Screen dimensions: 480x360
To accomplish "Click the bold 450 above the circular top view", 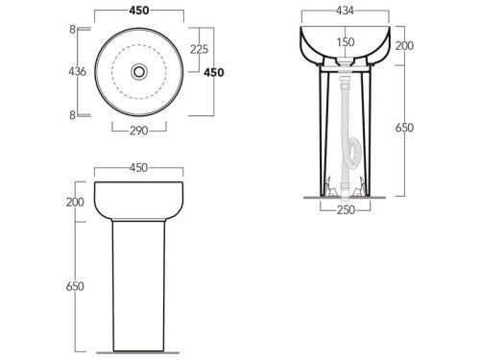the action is click(139, 11).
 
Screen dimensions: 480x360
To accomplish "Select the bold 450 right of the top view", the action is click(214, 73).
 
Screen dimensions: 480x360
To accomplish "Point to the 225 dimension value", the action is click(199, 49).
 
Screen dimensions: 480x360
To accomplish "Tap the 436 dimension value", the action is click(78, 71).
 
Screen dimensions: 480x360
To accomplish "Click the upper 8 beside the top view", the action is click(73, 30).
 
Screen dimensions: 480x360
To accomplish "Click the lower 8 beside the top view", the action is click(73, 115).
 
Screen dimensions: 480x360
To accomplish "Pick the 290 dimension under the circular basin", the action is click(139, 131).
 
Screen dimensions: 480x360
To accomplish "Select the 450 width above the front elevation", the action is click(138, 168).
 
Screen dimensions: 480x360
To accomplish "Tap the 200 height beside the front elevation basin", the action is click(75, 202).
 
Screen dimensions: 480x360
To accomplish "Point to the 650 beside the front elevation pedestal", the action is click(75, 286).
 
